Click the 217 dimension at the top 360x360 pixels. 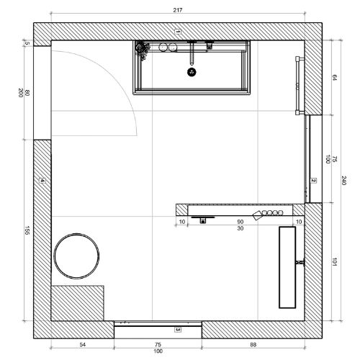tap(178, 10)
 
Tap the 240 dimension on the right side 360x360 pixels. tap(343, 181)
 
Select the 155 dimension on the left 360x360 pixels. tap(27, 230)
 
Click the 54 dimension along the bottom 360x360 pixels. tap(82, 345)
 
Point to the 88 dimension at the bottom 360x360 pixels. tap(253, 345)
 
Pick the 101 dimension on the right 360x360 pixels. tap(335, 262)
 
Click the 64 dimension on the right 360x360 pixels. tap(335, 78)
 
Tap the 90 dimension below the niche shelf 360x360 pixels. tap(240, 222)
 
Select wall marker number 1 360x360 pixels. tap(177, 32)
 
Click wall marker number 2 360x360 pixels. tap(313, 181)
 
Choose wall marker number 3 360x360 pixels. tap(178, 330)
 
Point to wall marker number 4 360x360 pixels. tap(42, 181)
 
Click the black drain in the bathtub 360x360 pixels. tap(192, 72)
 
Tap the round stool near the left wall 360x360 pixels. tap(76, 256)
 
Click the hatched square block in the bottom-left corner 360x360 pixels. tap(78, 303)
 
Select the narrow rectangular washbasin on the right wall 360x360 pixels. tap(287, 267)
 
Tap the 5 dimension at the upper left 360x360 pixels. tap(27, 43)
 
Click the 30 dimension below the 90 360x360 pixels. tap(240, 228)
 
